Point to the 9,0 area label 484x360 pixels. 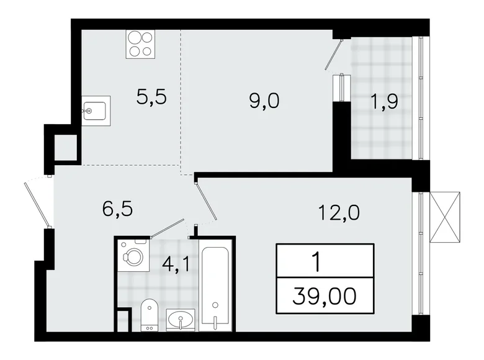(264, 99)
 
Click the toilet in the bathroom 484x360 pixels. (149, 313)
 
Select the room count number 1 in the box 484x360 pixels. (318, 262)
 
